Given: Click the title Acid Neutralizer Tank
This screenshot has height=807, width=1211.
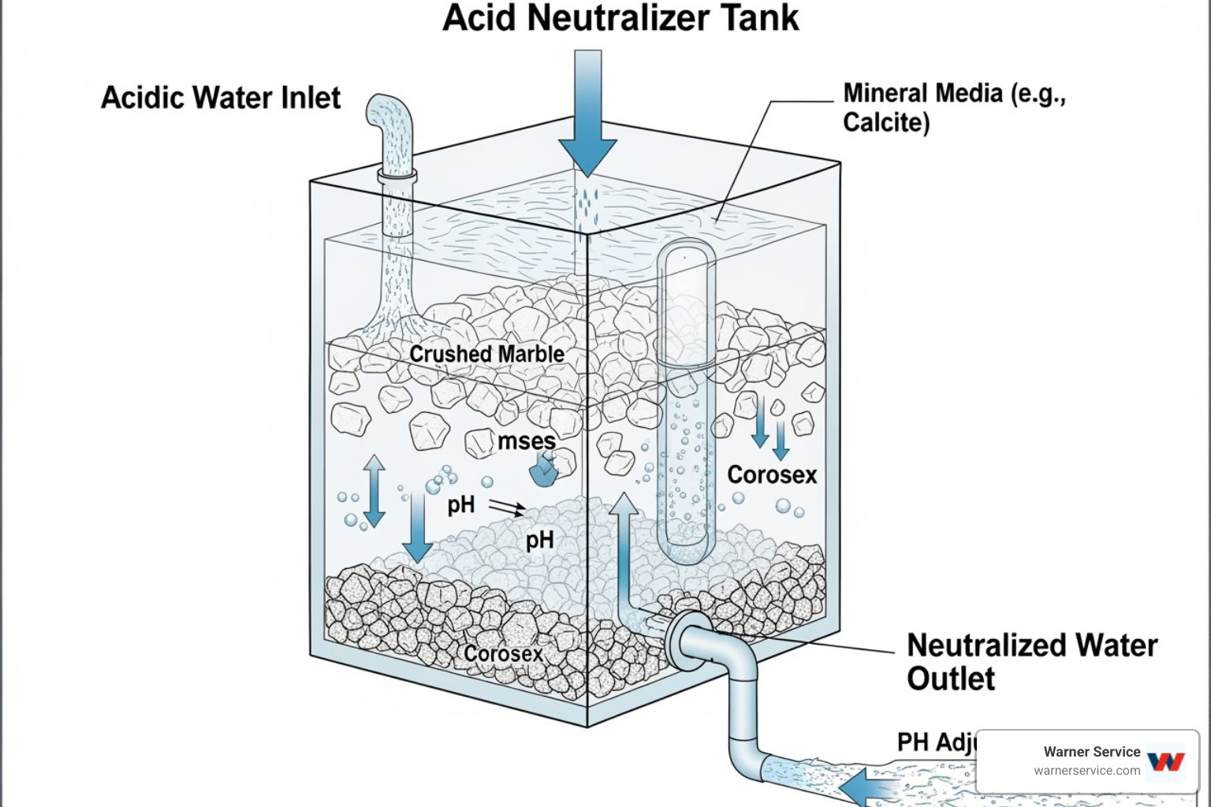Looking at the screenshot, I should [620, 18].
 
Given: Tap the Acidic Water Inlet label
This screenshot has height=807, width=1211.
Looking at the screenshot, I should [221, 98].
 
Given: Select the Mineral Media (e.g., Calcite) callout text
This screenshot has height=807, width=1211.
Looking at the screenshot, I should [953, 107].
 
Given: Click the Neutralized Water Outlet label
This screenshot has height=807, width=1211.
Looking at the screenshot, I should [1031, 661].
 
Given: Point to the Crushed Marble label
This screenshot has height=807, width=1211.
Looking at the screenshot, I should [486, 354].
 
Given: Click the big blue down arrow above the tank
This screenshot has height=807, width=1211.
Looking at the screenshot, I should [587, 118].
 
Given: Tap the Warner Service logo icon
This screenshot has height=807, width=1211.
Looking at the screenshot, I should [1166, 761].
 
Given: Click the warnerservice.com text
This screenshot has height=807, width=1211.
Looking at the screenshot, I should [1086, 771].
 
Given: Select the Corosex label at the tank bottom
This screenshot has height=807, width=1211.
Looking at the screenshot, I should [503, 654].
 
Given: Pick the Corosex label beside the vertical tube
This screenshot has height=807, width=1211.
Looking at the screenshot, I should [772, 474].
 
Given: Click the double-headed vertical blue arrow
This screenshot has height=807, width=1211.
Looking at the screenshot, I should [374, 490].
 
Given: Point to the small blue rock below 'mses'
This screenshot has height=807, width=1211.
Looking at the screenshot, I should [543, 472].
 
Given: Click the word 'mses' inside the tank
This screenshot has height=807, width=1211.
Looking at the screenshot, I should [527, 441].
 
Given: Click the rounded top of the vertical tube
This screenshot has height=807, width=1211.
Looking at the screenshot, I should [686, 252].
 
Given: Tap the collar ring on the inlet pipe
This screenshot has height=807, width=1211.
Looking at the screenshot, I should [397, 176].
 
